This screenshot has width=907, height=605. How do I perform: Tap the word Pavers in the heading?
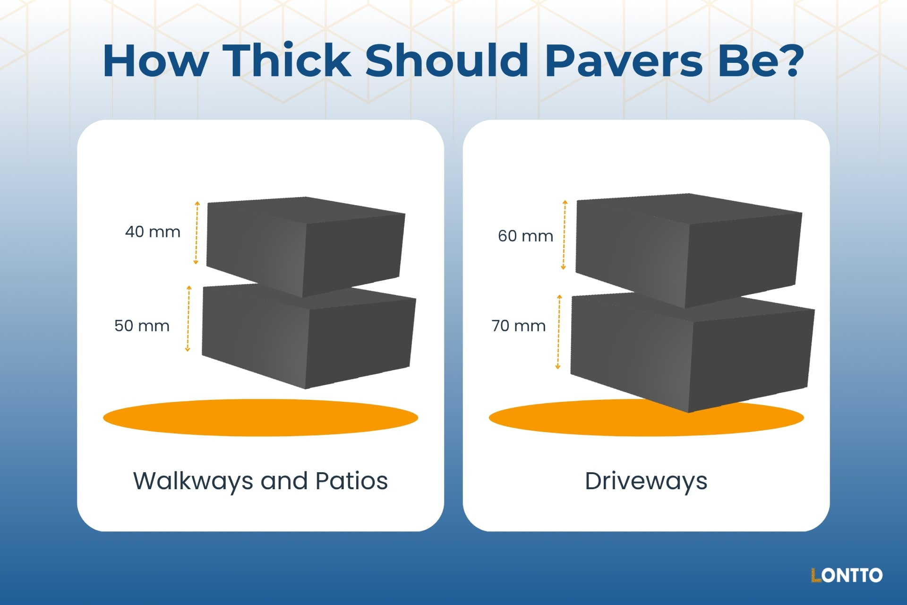624,60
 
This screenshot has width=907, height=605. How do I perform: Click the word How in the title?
156,60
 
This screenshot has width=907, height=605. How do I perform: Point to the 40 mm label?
153,232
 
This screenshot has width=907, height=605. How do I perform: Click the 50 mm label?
142,326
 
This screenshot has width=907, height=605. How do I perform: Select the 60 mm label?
525,236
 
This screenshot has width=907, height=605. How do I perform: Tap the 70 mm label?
519,326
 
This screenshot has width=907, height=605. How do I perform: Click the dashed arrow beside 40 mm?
197,233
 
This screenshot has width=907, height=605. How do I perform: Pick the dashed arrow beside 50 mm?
188,319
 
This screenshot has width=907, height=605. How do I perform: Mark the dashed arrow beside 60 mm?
564,235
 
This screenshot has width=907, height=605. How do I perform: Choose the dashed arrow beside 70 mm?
558,332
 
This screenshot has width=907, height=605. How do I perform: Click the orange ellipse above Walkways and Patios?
260,417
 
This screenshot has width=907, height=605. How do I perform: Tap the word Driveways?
646,481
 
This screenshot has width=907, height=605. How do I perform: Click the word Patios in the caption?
351,481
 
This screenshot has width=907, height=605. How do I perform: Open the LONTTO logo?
847,575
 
